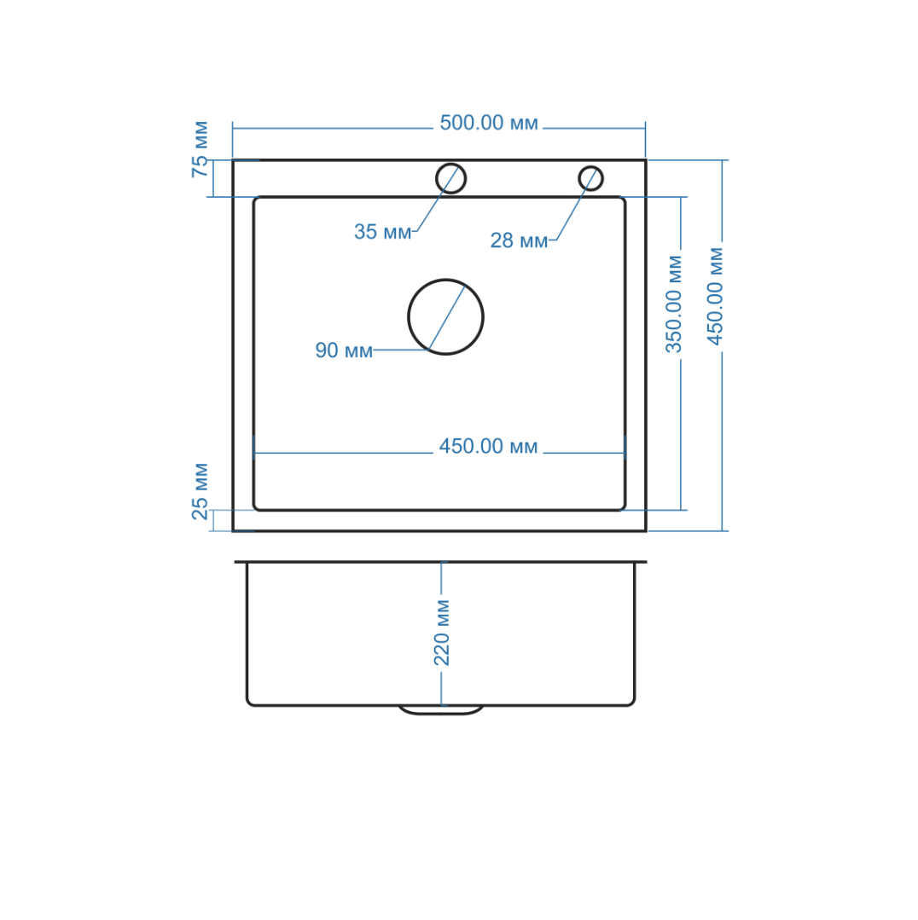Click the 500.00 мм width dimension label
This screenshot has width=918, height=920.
(488, 123)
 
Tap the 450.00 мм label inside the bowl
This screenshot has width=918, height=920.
(488, 447)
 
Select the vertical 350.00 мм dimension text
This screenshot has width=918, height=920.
(674, 304)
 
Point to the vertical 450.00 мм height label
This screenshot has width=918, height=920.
(715, 297)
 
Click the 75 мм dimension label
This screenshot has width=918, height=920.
(200, 149)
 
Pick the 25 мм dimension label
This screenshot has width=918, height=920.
(200, 492)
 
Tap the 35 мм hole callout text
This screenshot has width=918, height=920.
(383, 232)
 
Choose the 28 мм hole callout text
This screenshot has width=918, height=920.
(519, 240)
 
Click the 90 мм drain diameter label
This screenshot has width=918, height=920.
(344, 350)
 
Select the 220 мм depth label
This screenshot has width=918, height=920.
(441, 633)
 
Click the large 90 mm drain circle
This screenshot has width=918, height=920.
(445, 317)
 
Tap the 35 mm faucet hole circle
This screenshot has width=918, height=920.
(450, 178)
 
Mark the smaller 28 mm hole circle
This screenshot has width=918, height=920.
(590, 178)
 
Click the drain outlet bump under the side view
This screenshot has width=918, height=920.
(441, 710)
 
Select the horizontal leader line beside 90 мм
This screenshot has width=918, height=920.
(402, 350)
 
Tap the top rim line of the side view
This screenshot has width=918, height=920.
(440, 562)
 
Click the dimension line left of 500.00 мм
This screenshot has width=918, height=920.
(333, 128)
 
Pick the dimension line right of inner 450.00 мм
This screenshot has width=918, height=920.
(584, 453)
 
